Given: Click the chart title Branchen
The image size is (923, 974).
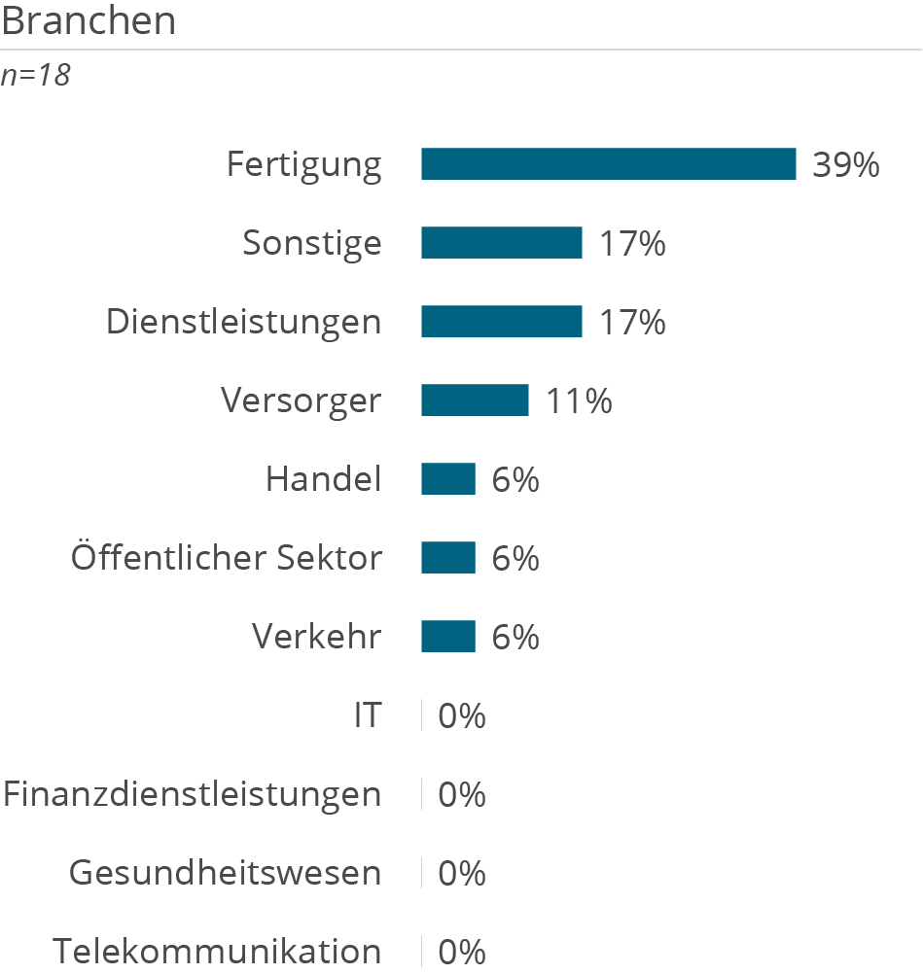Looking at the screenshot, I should pyautogui.click(x=89, y=20).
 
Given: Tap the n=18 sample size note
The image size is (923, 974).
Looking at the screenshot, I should pyautogui.click(x=36, y=76).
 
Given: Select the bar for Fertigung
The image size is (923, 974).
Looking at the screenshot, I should pyautogui.click(x=608, y=164).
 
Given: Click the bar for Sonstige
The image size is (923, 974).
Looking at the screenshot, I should pyautogui.click(x=501, y=243).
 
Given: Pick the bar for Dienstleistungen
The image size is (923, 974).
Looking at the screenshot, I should pyautogui.click(x=501, y=322).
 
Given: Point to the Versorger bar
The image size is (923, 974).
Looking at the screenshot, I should pyautogui.click(x=475, y=400).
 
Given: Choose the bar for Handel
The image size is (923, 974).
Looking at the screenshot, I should pyautogui.click(x=447, y=479).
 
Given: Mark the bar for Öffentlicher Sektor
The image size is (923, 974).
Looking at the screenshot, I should pyautogui.click(x=447, y=558).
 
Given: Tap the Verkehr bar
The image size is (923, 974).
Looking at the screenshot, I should pyautogui.click(x=447, y=637).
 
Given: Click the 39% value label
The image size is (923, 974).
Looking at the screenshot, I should pyautogui.click(x=845, y=165).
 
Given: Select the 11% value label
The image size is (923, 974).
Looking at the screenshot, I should pyautogui.click(x=579, y=400).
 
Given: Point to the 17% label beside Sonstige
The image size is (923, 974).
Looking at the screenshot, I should pyautogui.click(x=632, y=243).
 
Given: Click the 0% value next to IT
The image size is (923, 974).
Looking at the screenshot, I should pyautogui.click(x=462, y=716).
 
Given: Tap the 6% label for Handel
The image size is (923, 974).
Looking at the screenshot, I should pyautogui.click(x=515, y=479).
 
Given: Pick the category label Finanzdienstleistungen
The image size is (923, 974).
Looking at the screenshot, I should pyautogui.click(x=192, y=795).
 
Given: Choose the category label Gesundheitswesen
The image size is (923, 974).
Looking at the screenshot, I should pyautogui.click(x=225, y=874).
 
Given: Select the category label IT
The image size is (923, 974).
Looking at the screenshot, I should pyautogui.click(x=367, y=716).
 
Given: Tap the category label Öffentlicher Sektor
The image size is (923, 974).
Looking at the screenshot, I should pyautogui.click(x=227, y=558).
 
